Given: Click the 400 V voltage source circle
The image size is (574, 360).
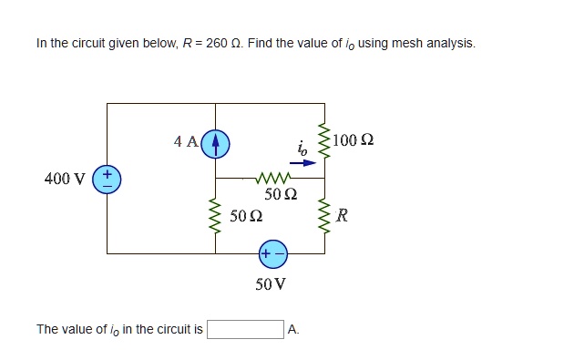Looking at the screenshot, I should (x=107, y=178).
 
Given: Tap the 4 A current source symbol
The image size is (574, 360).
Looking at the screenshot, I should (x=215, y=142).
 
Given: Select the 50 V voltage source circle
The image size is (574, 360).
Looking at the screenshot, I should (x=272, y=252).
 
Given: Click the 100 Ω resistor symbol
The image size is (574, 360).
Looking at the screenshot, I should (x=323, y=140).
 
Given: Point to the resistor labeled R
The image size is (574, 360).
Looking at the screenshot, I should (x=323, y=216).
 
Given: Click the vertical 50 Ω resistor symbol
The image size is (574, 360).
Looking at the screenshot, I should (x=215, y=216).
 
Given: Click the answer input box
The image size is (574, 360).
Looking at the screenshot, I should (x=245, y=329).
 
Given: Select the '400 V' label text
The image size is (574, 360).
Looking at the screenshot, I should (x=64, y=178).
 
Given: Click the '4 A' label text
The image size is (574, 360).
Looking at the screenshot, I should (x=186, y=141).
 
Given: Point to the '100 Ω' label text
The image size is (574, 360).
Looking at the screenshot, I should (x=354, y=140).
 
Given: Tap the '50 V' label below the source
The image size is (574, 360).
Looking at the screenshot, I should (x=272, y=283).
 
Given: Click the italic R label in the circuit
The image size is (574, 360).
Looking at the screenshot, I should (x=342, y=216).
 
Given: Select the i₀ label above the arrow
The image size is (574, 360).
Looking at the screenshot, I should (x=302, y=148).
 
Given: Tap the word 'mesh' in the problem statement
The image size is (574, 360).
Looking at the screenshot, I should (x=409, y=43).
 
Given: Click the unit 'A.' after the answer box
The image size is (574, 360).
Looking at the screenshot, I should (x=293, y=329).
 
